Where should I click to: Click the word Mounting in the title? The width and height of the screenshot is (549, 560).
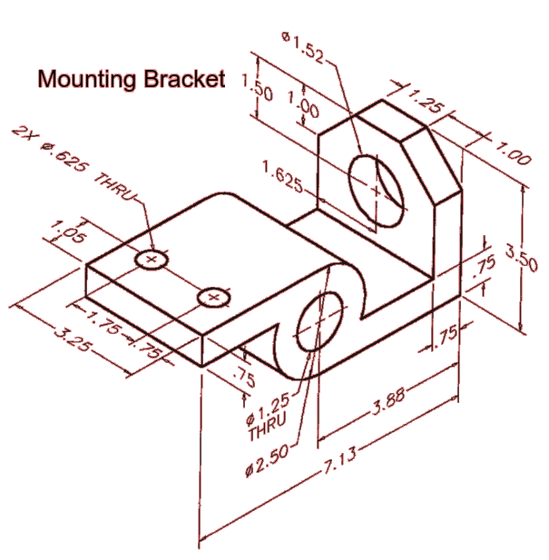click(87, 79)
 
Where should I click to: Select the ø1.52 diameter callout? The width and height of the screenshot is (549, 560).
click(301, 44)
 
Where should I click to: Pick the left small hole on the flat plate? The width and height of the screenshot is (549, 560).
click(152, 260)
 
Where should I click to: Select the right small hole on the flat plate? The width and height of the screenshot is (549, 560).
click(214, 296)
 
